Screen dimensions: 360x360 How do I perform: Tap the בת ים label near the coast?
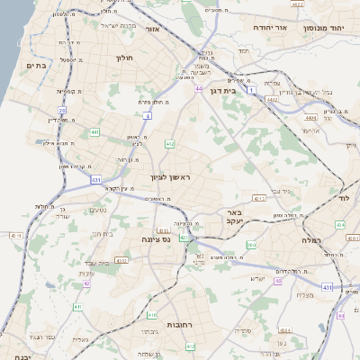click(36, 65)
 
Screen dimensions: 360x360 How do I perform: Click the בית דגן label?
click(241, 90)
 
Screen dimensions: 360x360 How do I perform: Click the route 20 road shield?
click(62, 109)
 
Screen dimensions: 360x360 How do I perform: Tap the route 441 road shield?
click(94, 132)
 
